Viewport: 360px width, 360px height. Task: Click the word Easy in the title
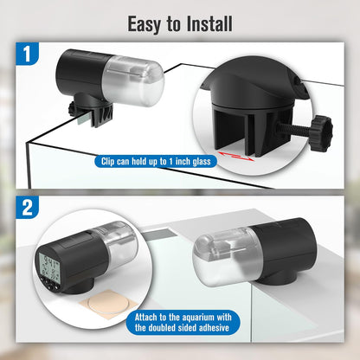pyautogui.click(x=145, y=24)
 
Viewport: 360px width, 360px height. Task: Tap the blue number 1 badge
pyautogui.click(x=27, y=54)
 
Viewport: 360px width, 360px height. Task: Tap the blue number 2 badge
pyautogui.click(x=27, y=207)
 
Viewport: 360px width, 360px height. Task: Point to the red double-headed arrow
pyautogui.click(x=235, y=156)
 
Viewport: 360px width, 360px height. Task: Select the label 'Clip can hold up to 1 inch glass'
pyautogui.click(x=156, y=161)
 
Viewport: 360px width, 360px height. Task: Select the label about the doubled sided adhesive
pyautogui.click(x=183, y=323)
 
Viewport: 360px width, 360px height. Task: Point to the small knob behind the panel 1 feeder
pyautogui.click(x=73, y=110)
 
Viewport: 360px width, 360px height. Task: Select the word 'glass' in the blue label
pyautogui.click(x=202, y=162)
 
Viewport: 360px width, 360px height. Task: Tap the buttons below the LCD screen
pyautogui.click(x=49, y=284)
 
